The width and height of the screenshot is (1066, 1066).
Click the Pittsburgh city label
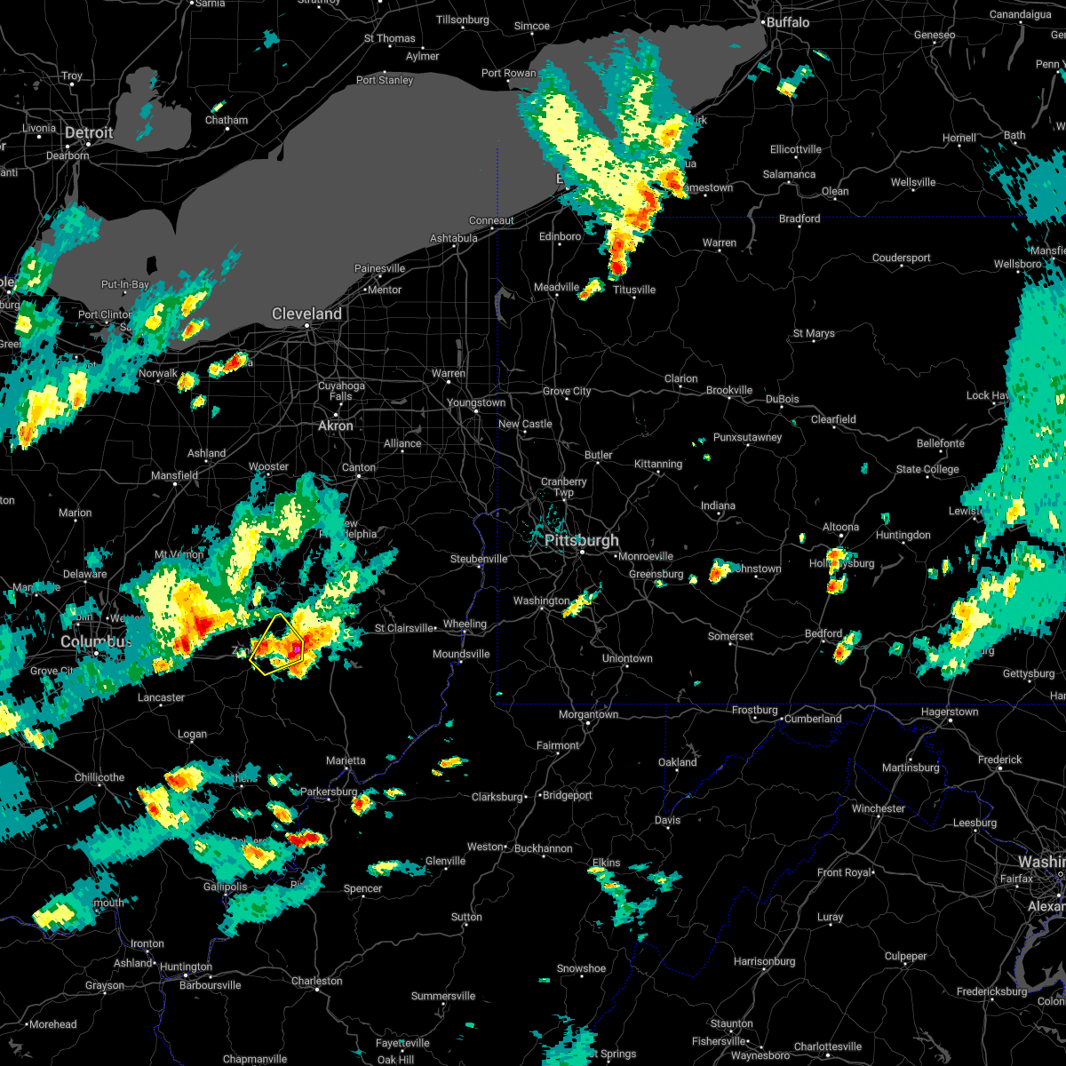pos(582,540)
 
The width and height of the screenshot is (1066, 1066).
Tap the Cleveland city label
pos(306,314)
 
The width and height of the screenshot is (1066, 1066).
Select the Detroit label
pos(89,133)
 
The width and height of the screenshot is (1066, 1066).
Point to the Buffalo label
pos(788,22)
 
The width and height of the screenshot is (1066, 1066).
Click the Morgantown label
pos(588,714)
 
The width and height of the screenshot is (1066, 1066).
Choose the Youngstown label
pos(476,402)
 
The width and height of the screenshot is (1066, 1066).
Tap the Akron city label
pos(336,426)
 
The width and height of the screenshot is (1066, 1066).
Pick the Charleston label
pos(317,981)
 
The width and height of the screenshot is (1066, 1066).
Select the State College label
pos(927,469)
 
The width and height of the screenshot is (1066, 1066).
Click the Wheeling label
pos(465,624)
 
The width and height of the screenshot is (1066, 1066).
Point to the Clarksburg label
pos(497,797)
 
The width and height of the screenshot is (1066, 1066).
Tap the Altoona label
pos(840,527)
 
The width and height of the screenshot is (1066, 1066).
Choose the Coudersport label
pos(902,258)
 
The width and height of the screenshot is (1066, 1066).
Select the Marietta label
pos(346,760)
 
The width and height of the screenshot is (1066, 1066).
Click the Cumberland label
pos(813,719)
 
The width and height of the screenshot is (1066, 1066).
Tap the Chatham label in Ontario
pos(227,120)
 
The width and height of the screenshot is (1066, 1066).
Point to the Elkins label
pos(607,863)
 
